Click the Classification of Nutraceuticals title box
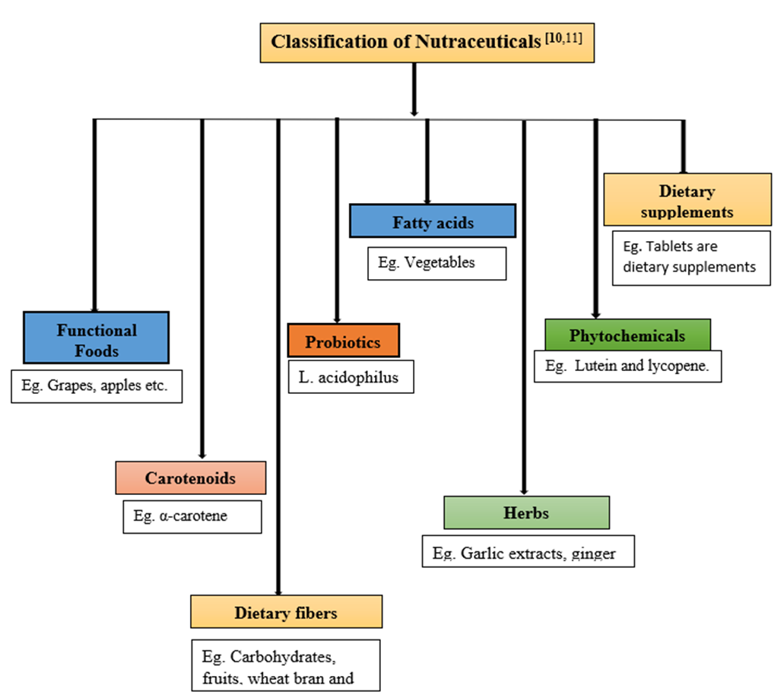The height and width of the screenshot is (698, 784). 427,42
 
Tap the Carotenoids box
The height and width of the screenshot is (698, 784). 191,479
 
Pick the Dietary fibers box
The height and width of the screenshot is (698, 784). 286,612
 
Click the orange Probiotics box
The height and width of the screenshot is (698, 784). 343,342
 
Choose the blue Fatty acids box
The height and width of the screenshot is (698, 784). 433,223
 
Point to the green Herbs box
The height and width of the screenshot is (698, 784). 526,513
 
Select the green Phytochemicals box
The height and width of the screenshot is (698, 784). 627,336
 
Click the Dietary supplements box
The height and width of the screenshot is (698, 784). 687,201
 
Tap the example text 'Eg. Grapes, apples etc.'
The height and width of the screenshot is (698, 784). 97,386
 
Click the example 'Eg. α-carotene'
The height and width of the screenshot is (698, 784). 192,517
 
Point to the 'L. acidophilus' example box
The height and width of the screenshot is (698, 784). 351,377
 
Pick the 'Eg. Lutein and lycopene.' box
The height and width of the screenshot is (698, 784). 627,366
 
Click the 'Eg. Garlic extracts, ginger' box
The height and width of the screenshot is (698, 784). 528,553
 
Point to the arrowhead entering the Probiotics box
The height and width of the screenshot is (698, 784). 337,319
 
